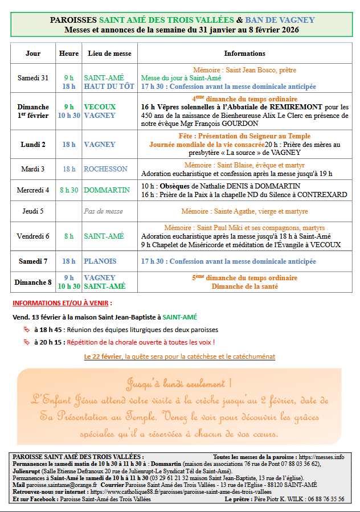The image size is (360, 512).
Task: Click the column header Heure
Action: tap(68, 54)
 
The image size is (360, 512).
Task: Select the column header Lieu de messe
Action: tap(109, 54)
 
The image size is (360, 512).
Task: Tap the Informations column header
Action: tap(244, 54)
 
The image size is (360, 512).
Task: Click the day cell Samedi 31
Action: tap(33, 78)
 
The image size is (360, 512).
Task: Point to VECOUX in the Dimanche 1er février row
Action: tap(100, 107)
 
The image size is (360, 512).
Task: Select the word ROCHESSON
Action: tap(106, 169)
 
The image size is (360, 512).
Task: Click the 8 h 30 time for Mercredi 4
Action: tap(69, 190)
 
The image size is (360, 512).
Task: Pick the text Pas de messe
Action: tap(103, 211)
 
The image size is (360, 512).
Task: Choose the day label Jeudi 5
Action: tap(33, 211)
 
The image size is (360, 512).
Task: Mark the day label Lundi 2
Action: tap(33, 145)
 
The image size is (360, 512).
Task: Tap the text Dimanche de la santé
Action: tap(244, 286)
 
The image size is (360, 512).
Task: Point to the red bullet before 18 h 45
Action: tap(26, 330)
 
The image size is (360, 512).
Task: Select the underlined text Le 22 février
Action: tap(103, 357)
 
